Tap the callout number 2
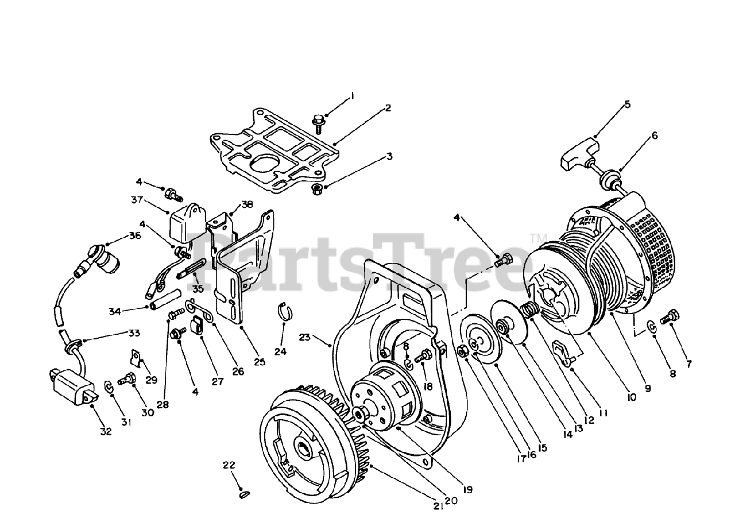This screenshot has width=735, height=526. [388, 107]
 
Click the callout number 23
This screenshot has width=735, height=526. [305, 338]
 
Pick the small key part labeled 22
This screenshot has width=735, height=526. [245, 493]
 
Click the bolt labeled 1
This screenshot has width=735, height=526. [318, 121]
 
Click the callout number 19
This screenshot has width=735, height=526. [468, 490]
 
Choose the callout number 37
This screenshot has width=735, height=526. [136, 200]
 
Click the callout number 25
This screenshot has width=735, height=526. [260, 362]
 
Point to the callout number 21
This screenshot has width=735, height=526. [438, 505]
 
